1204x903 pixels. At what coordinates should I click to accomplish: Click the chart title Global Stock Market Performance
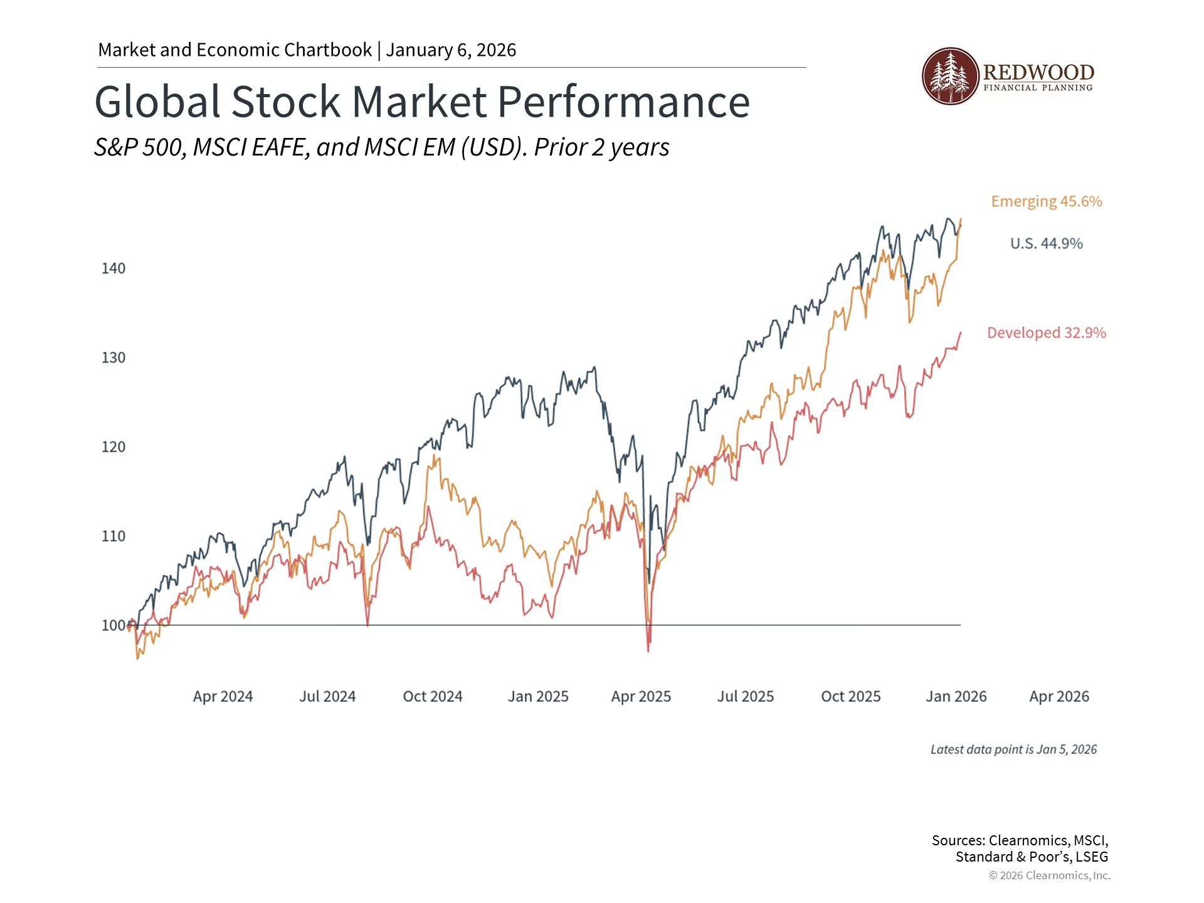pyautogui.click(x=422, y=102)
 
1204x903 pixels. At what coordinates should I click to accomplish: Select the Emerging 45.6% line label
pyautogui.click(x=1046, y=201)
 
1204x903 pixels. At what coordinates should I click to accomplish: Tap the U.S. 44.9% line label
pyautogui.click(x=1046, y=243)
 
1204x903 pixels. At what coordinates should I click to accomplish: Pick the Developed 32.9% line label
pyautogui.click(x=1046, y=332)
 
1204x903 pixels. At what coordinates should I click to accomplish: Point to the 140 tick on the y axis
pyautogui.click(x=114, y=268)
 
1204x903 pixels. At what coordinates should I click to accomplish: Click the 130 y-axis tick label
pyautogui.click(x=114, y=357)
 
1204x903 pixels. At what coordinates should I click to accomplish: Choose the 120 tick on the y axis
pyautogui.click(x=114, y=447)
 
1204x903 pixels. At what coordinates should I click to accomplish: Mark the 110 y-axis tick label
pyautogui.click(x=114, y=536)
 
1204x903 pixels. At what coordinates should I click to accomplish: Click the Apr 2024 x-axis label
pyautogui.click(x=223, y=696)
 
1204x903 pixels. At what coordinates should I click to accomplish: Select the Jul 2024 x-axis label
pyautogui.click(x=327, y=696)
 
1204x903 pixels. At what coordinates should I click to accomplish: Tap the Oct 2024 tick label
pyautogui.click(x=433, y=696)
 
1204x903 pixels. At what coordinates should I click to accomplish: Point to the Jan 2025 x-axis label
pyautogui.click(x=538, y=696)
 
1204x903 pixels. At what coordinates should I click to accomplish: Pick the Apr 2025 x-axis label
pyautogui.click(x=641, y=696)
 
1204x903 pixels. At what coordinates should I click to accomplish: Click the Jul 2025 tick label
pyautogui.click(x=746, y=696)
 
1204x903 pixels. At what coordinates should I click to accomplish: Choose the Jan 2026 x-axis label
pyautogui.click(x=956, y=696)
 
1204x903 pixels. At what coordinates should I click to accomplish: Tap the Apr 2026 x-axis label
pyautogui.click(x=1059, y=696)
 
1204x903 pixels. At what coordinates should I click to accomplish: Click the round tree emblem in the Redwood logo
pyautogui.click(x=950, y=76)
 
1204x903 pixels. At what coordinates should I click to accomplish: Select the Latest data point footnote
pyautogui.click(x=1013, y=749)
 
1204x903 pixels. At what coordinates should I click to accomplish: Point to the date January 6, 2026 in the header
pyautogui.click(x=451, y=50)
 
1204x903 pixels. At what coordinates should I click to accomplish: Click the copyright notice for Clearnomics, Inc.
pyautogui.click(x=1049, y=875)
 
